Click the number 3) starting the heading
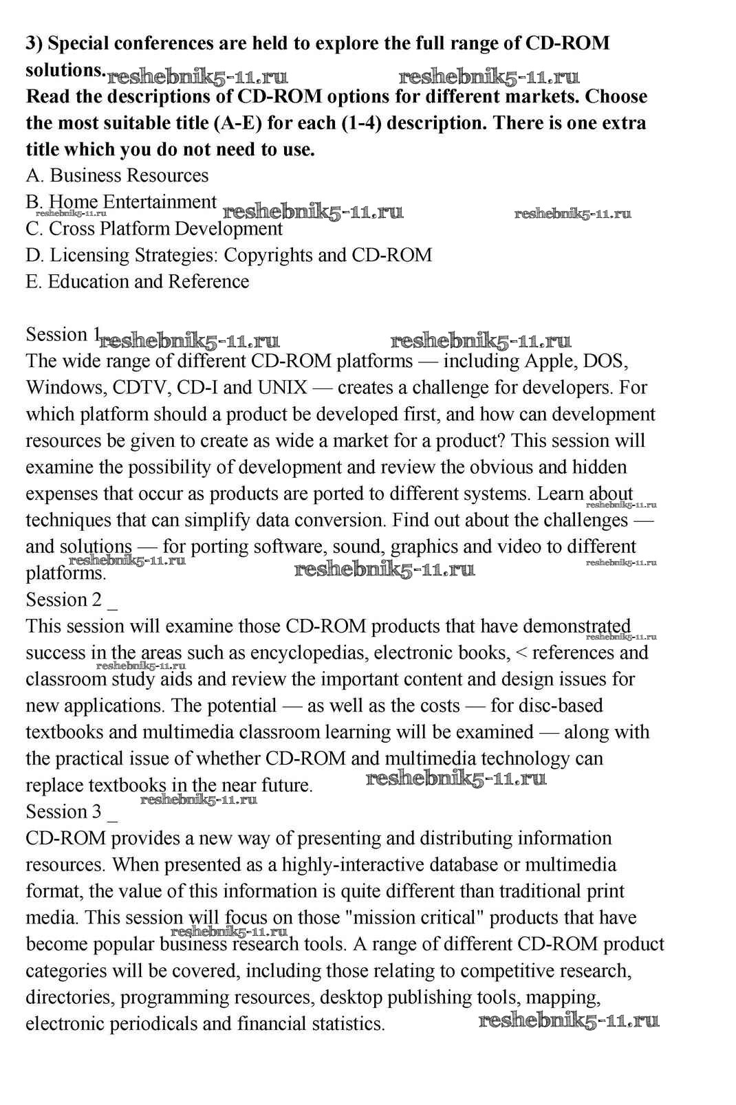pos(34,43)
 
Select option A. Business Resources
pos(117,175)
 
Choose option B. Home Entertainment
pos(121,201)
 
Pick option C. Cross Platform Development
pos(154,228)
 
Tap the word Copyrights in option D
pos(269,255)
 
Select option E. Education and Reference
pos(138,281)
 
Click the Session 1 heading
pos(63,335)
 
